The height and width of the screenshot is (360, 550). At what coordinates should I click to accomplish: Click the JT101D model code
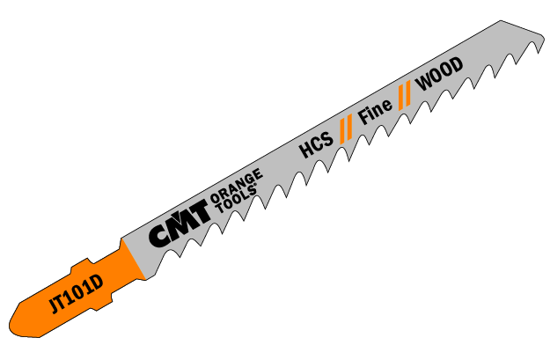pos(76,294)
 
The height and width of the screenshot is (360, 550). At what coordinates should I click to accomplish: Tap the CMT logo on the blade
pos(179,224)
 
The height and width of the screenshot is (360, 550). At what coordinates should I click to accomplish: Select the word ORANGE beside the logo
pos(236,185)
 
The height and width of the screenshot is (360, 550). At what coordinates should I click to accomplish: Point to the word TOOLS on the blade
pos(236,199)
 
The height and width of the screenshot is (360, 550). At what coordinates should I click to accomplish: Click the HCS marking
pos(316,145)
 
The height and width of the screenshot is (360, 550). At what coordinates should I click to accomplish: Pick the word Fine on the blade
pos(375,112)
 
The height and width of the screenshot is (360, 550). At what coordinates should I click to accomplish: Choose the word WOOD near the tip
pos(439,74)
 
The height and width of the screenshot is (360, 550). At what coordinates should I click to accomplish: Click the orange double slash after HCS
pos(346,130)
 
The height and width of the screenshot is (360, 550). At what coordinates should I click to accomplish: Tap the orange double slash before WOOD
pos(405,96)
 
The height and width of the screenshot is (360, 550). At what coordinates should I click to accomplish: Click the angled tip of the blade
pos(544,35)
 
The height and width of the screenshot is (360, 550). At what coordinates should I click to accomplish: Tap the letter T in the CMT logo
pos(200,213)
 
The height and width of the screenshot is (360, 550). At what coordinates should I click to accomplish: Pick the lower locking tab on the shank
pos(104,303)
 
